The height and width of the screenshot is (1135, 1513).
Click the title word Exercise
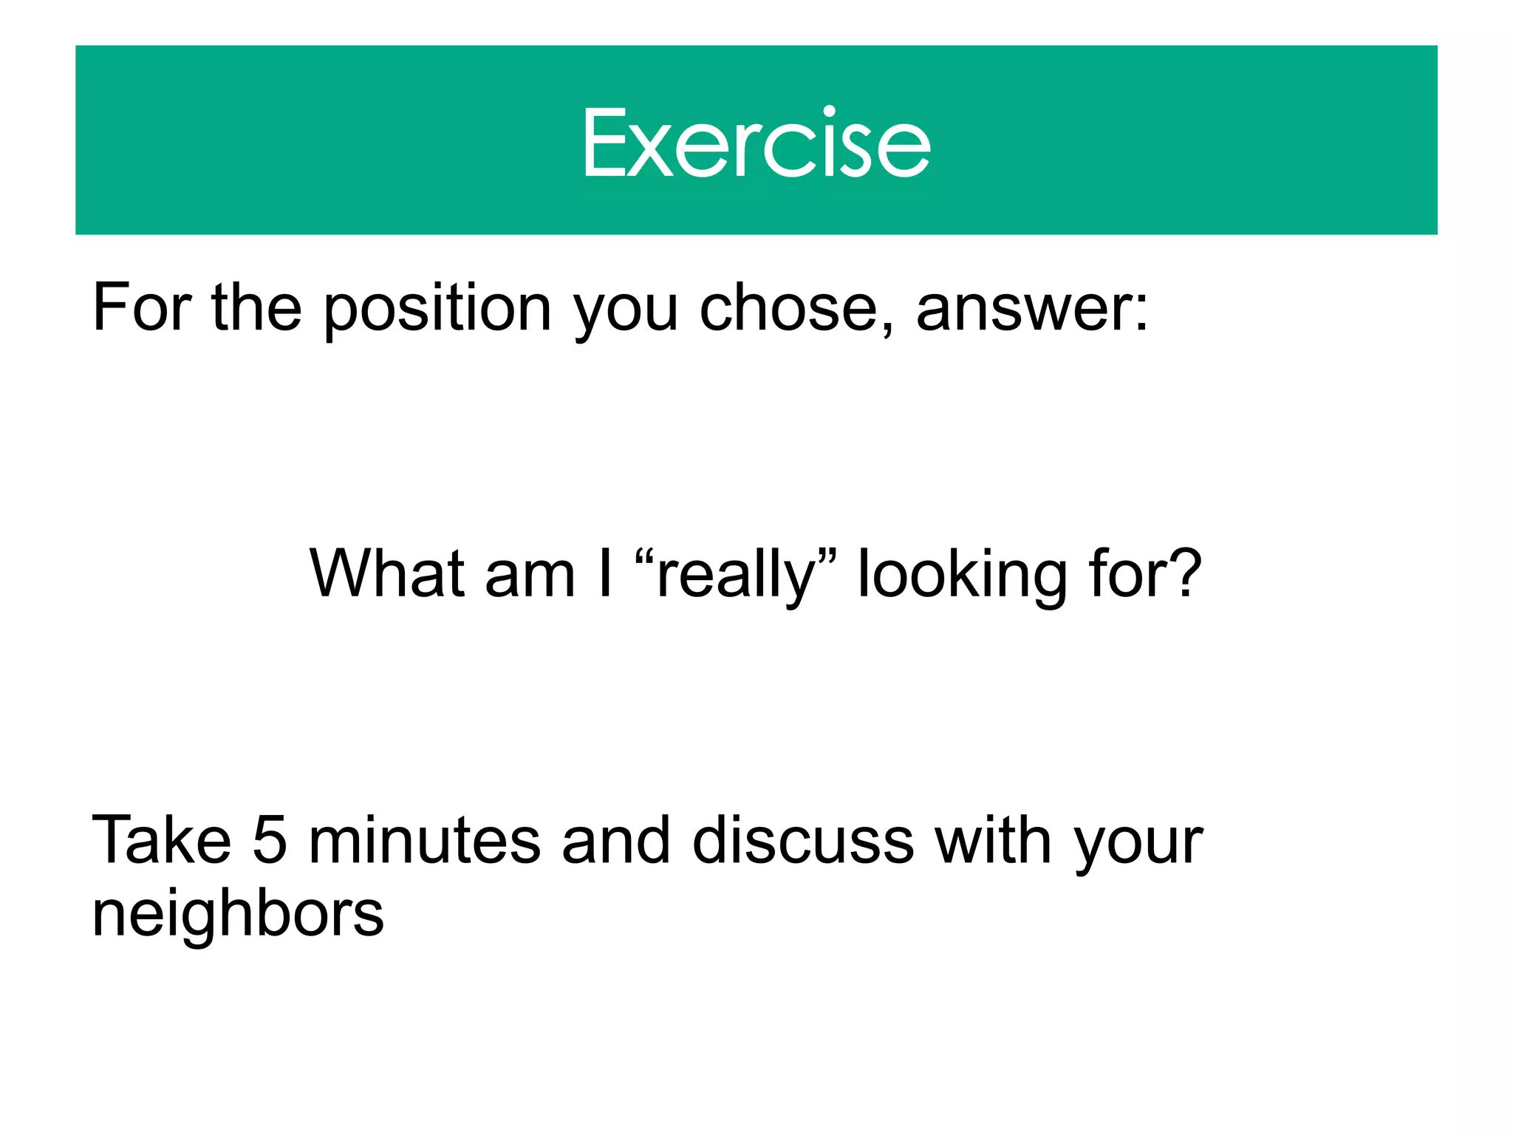point(756,143)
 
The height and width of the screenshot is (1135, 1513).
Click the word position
point(437,309)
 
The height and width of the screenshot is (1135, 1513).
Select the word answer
point(1023,309)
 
